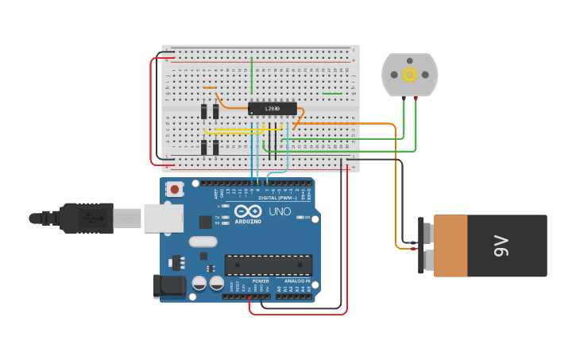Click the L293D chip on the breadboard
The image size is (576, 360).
(273, 108)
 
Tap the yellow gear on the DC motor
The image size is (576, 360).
(409, 75)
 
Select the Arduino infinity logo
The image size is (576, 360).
(247, 211)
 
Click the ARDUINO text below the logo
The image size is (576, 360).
(247, 222)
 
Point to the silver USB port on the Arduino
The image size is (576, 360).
(163, 218)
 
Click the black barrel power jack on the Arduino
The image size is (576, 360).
(168, 287)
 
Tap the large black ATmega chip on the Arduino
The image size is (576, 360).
(268, 265)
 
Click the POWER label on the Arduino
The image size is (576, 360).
(260, 281)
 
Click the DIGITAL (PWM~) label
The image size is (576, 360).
(278, 197)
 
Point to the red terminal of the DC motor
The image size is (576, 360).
(416, 99)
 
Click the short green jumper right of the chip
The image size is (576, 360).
(332, 94)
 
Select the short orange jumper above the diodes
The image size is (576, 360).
(210, 87)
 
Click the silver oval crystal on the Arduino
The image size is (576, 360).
(203, 242)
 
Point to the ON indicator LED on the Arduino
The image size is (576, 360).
(300, 217)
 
